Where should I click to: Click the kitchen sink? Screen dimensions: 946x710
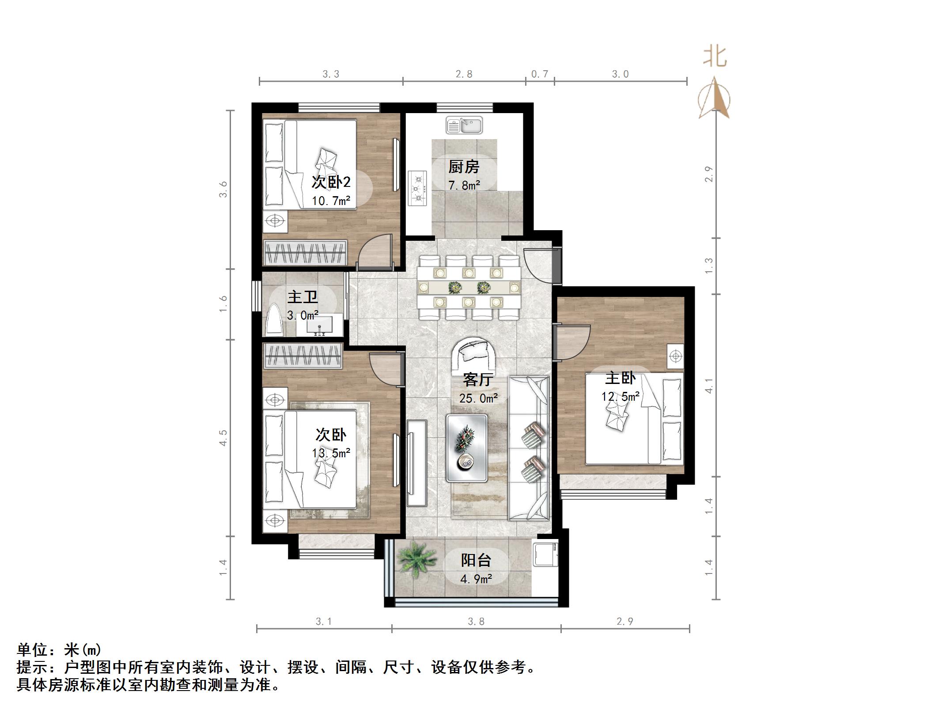click(464, 125)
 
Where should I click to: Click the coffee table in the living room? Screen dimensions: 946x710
click(467, 448)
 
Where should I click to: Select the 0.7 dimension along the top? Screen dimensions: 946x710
click(539, 74)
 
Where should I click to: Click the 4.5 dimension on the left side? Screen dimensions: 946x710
click(223, 437)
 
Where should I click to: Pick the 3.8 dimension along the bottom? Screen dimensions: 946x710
click(476, 622)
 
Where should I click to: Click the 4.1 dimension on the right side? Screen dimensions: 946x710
click(709, 385)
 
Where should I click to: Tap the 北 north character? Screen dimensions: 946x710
click(715, 57)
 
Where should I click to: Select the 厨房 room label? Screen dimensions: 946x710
click(464, 167)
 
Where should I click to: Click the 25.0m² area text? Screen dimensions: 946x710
click(479, 399)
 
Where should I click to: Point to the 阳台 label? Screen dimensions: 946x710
click(476, 560)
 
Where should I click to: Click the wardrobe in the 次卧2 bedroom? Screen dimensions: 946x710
click(305, 253)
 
